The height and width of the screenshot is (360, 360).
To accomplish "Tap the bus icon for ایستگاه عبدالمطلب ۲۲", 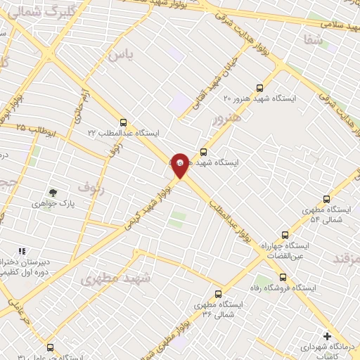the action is click(124, 121).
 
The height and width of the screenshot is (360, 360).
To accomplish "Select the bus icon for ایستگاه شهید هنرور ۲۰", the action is click(260, 88).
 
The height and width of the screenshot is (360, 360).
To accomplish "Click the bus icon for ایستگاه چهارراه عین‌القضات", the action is click(284, 235).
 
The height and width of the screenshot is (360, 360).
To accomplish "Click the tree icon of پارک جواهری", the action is click(53, 192).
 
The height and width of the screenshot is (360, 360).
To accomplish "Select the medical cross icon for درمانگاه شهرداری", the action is click(327, 336).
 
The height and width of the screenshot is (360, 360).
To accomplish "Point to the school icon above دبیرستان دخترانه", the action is click(21, 250).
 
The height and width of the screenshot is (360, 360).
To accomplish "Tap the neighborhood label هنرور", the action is click(226, 117).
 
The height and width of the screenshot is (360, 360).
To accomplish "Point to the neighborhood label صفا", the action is click(314, 41).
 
